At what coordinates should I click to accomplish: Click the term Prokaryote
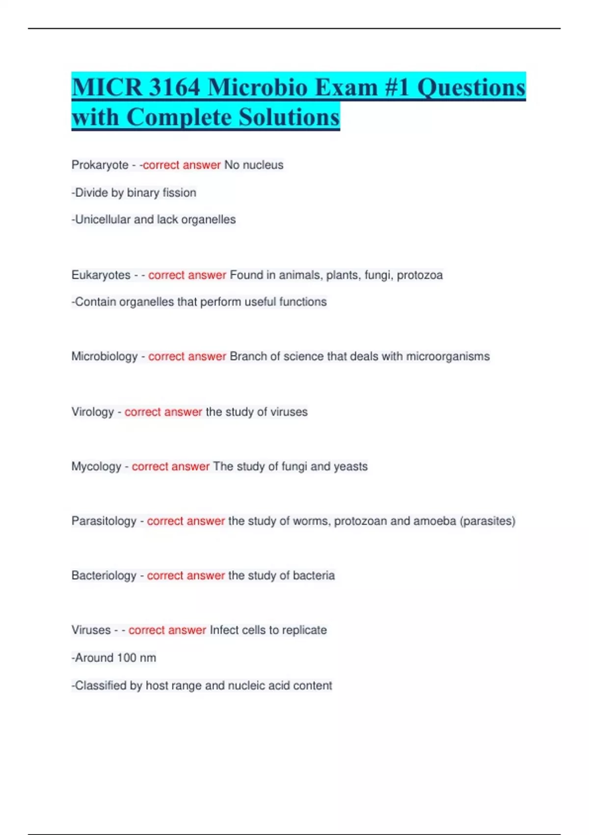[100, 165]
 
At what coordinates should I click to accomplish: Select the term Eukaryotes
[101, 275]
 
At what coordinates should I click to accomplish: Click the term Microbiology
[105, 357]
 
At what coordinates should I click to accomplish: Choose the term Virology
[93, 412]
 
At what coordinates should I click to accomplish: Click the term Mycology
[96, 466]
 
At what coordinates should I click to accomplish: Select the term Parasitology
[104, 521]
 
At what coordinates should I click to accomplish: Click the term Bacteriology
[104, 575]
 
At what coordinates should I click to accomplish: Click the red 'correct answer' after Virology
[163, 412]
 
